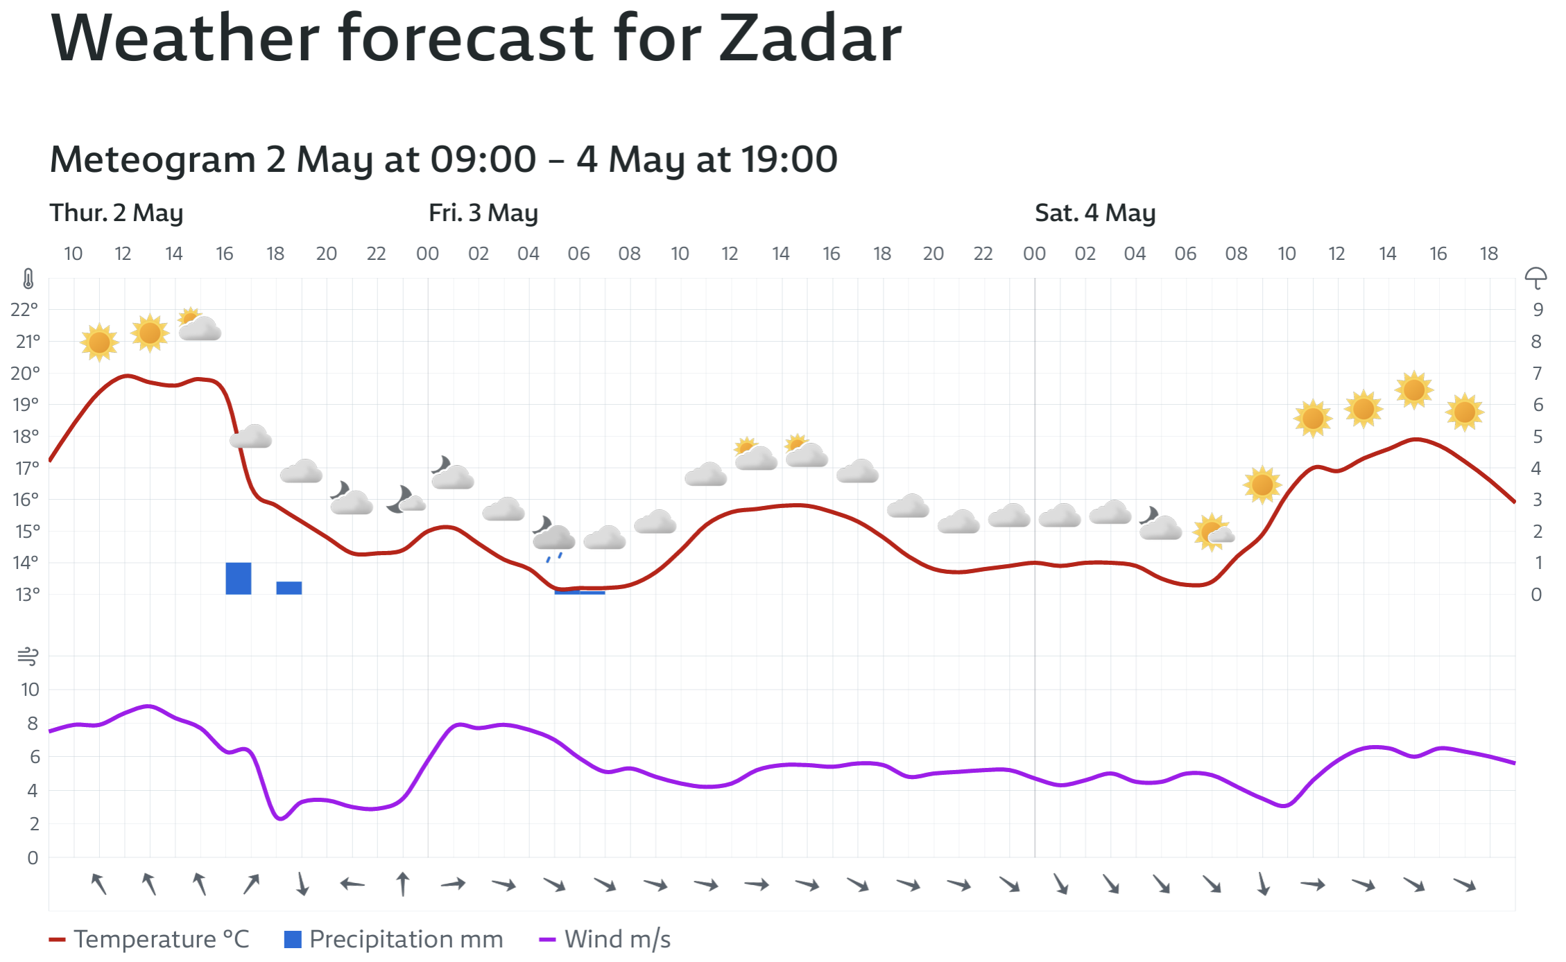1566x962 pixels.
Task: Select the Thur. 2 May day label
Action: click(116, 213)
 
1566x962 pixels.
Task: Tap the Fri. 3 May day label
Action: click(483, 213)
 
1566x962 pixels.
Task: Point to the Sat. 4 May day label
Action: click(1094, 213)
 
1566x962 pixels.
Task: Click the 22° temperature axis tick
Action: click(24, 309)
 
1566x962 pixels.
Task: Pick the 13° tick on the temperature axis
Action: click(27, 595)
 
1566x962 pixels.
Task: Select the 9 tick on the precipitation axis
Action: click(1538, 310)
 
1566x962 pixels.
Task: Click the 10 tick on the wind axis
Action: click(30, 690)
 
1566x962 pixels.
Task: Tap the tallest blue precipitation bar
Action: click(238, 578)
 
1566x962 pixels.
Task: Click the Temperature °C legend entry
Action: click(149, 939)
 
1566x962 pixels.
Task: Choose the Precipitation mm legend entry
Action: click(394, 939)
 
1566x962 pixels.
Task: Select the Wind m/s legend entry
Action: click(605, 939)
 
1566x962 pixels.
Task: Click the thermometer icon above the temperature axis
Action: click(28, 279)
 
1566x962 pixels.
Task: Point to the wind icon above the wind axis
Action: click(28, 656)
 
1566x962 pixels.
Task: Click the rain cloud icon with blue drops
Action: click(553, 537)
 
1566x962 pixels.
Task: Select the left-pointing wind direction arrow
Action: click(352, 884)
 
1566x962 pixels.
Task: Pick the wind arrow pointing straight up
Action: click(403, 884)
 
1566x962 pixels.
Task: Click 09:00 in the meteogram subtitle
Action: click(483, 159)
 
